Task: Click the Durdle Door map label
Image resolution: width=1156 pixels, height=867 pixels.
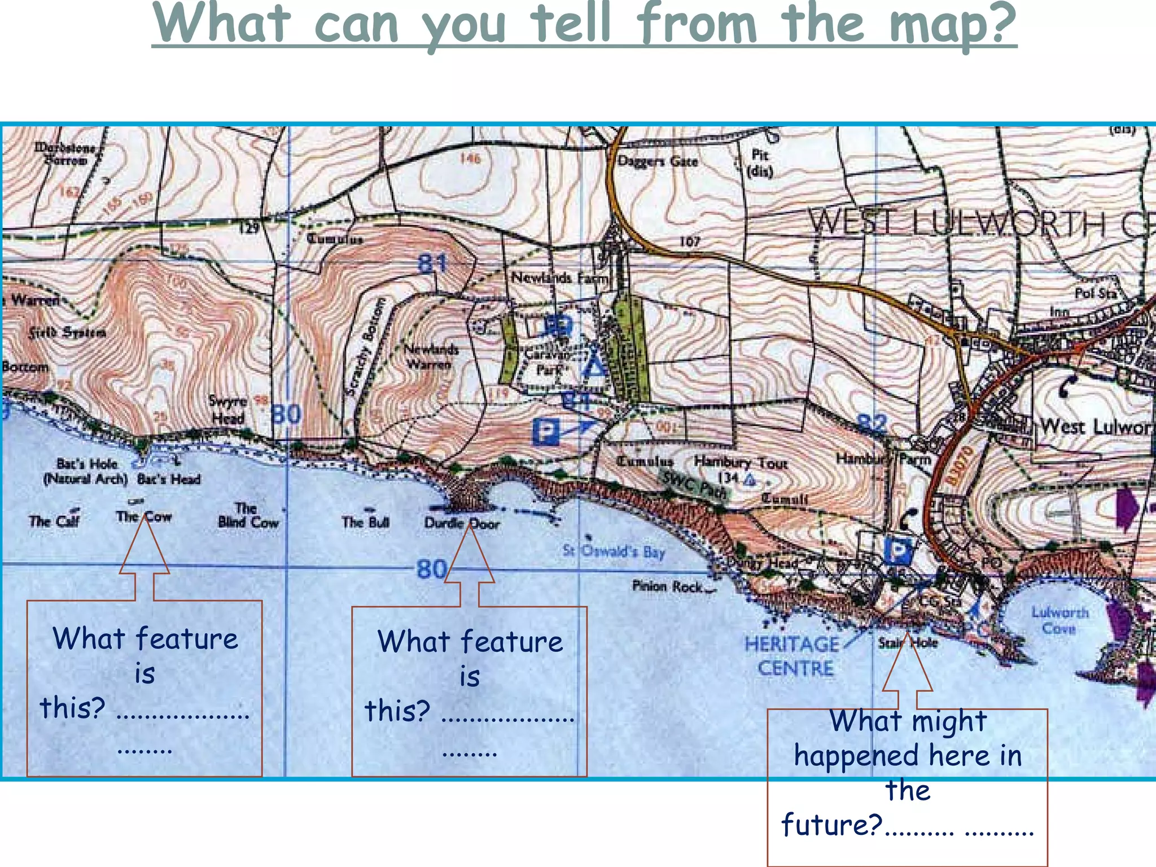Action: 462,523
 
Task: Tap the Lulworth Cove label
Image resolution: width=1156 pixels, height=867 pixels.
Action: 1059,620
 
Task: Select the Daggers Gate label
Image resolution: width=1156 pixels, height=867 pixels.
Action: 658,161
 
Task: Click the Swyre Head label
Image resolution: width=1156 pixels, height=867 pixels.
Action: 227,410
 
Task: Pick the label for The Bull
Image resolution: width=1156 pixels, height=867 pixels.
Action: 365,522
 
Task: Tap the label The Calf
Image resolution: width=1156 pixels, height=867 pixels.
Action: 54,520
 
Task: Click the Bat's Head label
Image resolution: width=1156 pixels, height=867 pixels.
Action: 169,479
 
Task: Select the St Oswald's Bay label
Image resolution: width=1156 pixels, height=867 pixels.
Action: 614,551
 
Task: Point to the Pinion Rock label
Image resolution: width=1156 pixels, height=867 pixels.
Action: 667,586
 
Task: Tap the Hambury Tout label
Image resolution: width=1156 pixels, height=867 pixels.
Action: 741,462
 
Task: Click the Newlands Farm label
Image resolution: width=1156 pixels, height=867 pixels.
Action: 561,278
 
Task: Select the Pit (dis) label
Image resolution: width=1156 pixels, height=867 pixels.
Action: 760,163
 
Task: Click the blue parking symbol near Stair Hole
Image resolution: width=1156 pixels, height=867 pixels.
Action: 897,550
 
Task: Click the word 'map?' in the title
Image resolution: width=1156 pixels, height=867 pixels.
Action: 953,25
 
